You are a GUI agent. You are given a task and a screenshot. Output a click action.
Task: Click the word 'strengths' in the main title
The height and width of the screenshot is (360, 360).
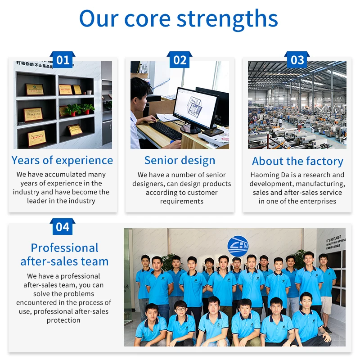(227, 19)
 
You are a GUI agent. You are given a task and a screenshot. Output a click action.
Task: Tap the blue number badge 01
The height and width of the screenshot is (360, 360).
(63, 60)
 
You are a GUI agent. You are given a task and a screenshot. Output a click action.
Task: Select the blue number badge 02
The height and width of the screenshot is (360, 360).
(180, 60)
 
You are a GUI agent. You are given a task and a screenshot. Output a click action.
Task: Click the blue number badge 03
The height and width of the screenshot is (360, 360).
(297, 60)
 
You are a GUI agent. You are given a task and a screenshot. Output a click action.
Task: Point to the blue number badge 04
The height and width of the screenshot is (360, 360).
(63, 227)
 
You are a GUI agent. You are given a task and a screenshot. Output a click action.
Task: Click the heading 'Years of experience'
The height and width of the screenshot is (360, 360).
(63, 160)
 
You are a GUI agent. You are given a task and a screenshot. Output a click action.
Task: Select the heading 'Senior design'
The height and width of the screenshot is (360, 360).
(180, 160)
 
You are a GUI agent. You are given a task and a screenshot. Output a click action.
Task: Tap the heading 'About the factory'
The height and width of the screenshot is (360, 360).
(297, 161)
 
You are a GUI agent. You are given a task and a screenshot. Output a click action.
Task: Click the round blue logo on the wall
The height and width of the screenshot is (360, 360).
(238, 247)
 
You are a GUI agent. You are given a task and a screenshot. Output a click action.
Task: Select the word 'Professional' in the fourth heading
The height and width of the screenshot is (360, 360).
(64, 248)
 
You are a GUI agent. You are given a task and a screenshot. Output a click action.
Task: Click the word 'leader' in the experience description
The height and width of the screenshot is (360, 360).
(36, 201)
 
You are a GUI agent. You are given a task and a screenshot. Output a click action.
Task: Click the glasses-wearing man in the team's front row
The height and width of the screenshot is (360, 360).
(181, 310)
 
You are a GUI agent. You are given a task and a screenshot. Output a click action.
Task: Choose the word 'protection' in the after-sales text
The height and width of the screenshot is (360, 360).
(63, 320)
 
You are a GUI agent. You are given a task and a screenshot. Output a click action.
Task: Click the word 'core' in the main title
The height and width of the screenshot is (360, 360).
(148, 19)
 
